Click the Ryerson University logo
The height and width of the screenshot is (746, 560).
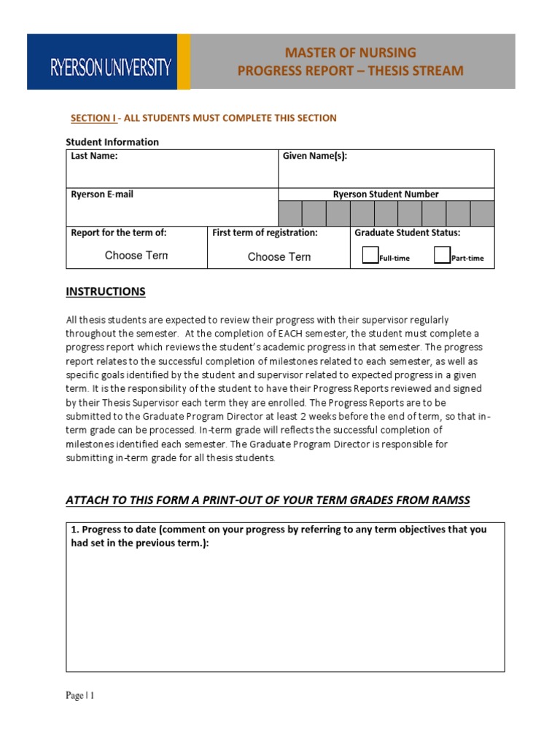click(109, 68)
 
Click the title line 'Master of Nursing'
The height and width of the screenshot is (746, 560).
click(351, 52)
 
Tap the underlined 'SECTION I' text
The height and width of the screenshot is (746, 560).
click(93, 118)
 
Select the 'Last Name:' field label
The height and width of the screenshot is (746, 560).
click(94, 156)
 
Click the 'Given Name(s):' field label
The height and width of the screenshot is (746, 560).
click(315, 156)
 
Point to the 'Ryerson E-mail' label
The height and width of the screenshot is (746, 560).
click(102, 195)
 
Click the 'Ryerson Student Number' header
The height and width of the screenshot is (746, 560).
click(386, 195)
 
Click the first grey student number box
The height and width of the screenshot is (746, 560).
click(290, 213)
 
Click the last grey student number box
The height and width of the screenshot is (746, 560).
click(482, 213)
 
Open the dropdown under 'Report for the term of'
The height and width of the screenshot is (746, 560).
click(136, 256)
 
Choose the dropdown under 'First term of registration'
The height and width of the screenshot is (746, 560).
click(279, 256)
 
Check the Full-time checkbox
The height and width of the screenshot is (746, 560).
click(370, 255)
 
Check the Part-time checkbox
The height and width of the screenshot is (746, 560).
click(442, 255)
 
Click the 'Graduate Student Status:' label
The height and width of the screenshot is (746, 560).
click(407, 233)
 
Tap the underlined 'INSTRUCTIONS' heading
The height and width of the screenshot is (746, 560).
click(106, 291)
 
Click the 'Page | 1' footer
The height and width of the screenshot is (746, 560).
click(80, 696)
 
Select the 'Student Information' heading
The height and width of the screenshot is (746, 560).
click(112, 142)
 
